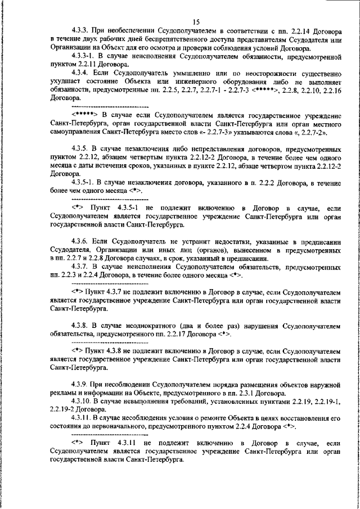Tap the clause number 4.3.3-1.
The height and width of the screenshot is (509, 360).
pyautogui.click(x=85, y=57)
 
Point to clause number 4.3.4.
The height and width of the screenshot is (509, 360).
pyautogui.click(x=82, y=73)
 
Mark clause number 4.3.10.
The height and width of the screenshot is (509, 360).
pyautogui.click(x=84, y=400)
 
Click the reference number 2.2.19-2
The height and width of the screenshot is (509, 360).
pyautogui.click(x=63, y=409)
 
